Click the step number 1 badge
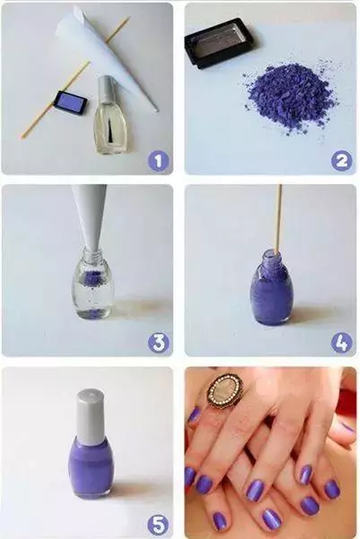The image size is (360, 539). [158, 161]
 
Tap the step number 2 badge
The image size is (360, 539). [341, 161]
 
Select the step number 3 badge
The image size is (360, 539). [158, 343]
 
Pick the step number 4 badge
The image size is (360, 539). [341, 343]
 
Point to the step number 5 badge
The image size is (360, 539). [158, 525]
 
